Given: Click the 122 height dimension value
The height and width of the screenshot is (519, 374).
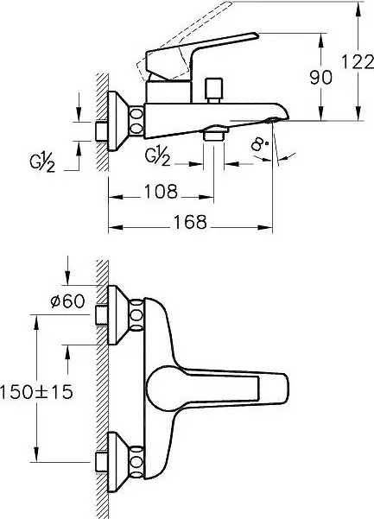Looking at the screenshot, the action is (x=357, y=62).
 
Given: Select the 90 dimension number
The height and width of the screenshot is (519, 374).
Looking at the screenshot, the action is (x=320, y=78).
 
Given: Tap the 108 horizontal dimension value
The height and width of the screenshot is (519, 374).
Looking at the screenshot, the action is (x=161, y=192).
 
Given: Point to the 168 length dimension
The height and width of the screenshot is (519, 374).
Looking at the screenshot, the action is (x=190, y=222).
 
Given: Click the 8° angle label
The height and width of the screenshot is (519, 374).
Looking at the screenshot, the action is (x=260, y=144).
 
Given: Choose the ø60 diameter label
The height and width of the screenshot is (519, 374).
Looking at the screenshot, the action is (x=68, y=301).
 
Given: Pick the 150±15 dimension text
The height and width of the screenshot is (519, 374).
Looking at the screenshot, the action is (x=36, y=392).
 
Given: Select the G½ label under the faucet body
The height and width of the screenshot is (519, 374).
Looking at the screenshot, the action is (x=158, y=156).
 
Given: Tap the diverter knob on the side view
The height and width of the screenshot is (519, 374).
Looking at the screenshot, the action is (x=213, y=89).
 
